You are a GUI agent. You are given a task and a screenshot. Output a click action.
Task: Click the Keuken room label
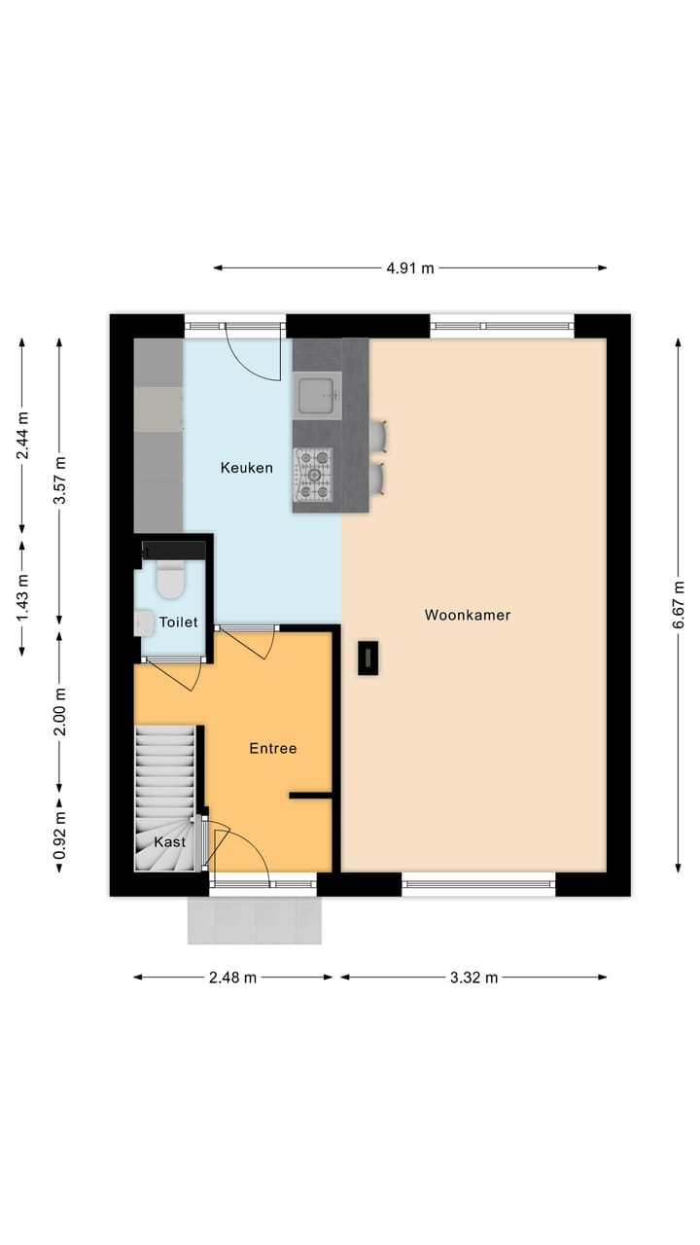(246, 468)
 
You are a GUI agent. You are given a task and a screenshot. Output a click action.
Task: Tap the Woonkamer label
(467, 615)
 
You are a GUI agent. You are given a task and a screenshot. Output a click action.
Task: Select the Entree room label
(272, 748)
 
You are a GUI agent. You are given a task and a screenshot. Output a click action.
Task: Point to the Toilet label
(178, 622)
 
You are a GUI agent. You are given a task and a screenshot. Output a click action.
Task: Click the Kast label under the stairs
(170, 841)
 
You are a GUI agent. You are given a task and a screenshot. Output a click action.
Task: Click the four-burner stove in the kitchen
(314, 474)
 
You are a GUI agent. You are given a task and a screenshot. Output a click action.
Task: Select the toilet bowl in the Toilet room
(170, 581)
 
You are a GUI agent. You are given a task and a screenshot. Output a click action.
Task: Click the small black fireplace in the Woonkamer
(368, 658)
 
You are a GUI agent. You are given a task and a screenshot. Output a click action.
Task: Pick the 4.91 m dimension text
(409, 268)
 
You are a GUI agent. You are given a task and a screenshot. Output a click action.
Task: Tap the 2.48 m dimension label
(233, 978)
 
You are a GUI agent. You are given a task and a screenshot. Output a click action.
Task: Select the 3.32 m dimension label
(473, 978)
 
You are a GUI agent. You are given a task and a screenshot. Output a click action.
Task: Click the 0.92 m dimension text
(60, 834)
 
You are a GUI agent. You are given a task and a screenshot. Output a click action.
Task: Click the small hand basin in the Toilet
(143, 622)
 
